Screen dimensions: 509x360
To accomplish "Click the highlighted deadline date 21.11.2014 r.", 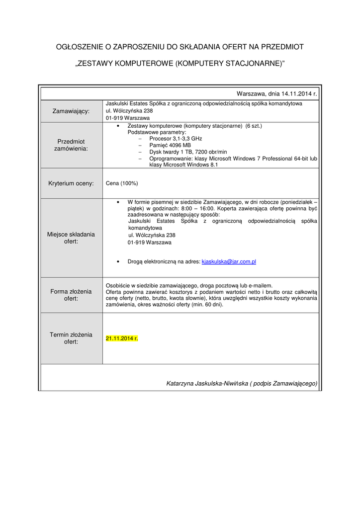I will point(122,339).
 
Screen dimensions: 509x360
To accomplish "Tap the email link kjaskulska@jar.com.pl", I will point(228,261).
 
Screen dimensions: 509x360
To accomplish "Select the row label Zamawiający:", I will point(71,111).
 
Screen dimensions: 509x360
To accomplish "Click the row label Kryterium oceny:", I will point(71,183).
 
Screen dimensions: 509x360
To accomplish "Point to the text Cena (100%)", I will point(122,183).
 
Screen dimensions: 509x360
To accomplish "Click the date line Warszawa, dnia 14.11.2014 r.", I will point(276,93).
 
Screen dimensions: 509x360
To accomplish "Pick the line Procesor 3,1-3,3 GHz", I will point(176,139).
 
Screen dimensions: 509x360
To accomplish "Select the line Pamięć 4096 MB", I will point(170,145).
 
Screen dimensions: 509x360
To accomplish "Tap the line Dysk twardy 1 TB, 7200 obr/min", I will point(188,152).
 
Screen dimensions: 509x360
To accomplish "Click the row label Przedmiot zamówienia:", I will point(71,145).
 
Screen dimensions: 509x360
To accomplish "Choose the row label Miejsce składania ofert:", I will point(71,238).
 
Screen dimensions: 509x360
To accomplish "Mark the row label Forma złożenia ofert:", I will point(71,295).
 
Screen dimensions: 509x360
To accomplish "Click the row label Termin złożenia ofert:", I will point(71,338).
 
